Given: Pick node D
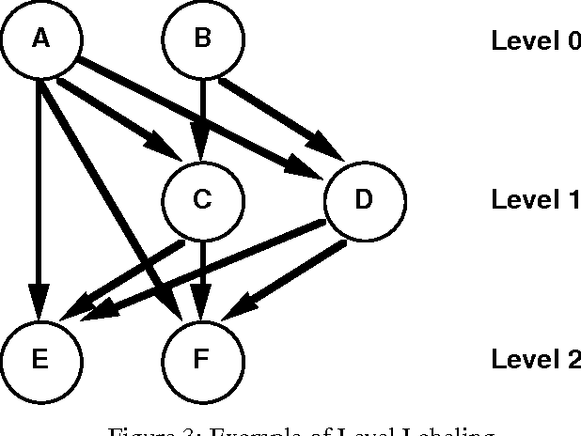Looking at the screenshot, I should coord(365,199).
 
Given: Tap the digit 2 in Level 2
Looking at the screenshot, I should coord(572,359).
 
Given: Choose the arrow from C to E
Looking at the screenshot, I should coord(132,272).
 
